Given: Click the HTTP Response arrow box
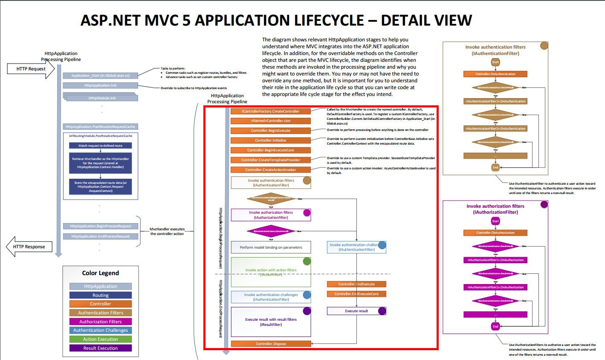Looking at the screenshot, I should pos(29,247).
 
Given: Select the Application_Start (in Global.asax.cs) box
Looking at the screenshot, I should pos(100,75).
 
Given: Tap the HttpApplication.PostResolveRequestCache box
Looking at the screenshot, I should pos(100,127).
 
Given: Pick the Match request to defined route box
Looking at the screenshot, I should pos(100,145).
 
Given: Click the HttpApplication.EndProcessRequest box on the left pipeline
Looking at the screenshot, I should pos(100,236).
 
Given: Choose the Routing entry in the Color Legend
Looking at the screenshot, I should pos(101,295).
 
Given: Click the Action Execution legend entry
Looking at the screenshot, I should pos(101,339).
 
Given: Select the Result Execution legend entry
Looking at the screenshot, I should pos(101,348).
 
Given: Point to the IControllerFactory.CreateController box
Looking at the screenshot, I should pos(271,111).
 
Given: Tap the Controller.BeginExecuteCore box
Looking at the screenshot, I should pos(271,150).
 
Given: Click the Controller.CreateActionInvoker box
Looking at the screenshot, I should pos(271,170).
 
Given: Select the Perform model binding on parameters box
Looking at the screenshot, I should pos(271,247).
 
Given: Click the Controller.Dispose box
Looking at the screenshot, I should pos(271,344).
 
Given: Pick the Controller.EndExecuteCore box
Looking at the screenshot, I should pos(356,294).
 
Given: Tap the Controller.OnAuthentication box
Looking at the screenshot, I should pos(495,74).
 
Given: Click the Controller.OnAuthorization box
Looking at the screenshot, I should pos(495,233).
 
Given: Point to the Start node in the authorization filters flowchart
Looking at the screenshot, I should pos(495,221).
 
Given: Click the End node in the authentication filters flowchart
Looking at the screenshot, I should pos(495,168).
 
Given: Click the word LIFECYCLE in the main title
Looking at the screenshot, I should pos(328,20).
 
